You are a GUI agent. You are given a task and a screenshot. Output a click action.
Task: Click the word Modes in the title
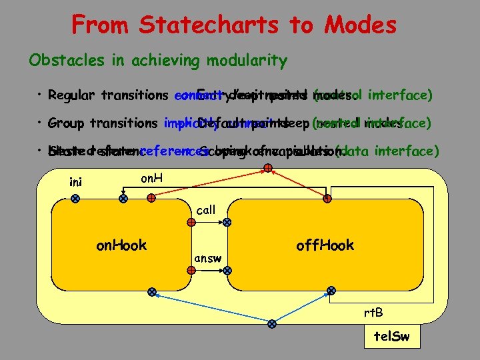pyautogui.click(x=360, y=25)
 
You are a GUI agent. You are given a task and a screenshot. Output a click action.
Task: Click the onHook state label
pyautogui.click(x=121, y=245)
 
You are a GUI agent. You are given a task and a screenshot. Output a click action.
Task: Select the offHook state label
pyautogui.click(x=325, y=245)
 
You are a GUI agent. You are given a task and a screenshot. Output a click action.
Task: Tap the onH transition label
pyautogui.click(x=153, y=179)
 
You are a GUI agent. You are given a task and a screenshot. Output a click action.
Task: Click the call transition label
pyautogui.click(x=206, y=210)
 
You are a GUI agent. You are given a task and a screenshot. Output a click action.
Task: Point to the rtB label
pyautogui.click(x=373, y=313)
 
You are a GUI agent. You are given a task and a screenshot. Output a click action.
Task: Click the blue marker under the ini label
pyautogui.click(x=75, y=198)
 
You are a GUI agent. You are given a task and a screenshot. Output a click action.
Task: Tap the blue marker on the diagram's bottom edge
pyautogui.click(x=271, y=324)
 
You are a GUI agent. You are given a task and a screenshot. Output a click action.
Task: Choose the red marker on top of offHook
pyautogui.click(x=327, y=198)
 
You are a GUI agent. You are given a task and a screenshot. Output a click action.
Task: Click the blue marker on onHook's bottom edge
pyautogui.click(x=153, y=292)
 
